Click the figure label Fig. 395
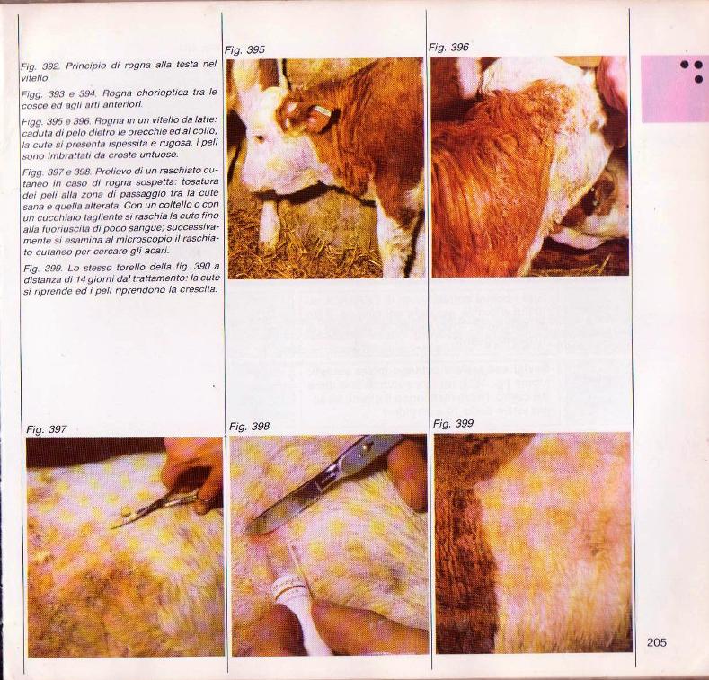click(244, 50)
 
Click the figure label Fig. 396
click(448, 47)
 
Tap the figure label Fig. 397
click(47, 429)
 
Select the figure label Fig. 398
click(249, 427)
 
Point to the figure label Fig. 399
click(453, 424)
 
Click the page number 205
click(657, 642)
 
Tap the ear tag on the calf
click(323, 110)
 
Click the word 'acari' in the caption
click(159, 250)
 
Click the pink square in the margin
click(675, 89)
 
